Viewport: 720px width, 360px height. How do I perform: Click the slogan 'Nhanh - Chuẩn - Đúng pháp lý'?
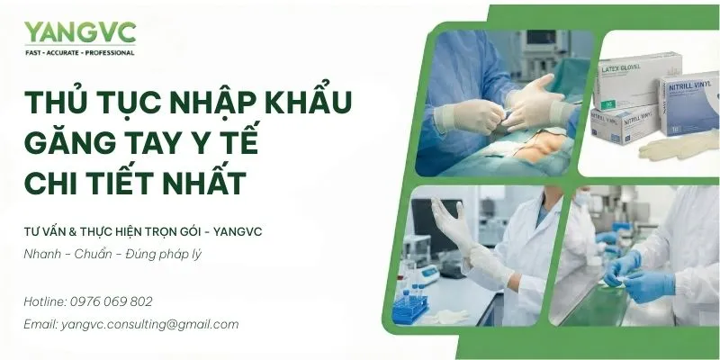pos(113,254)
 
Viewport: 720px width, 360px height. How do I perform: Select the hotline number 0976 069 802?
pos(114,301)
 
